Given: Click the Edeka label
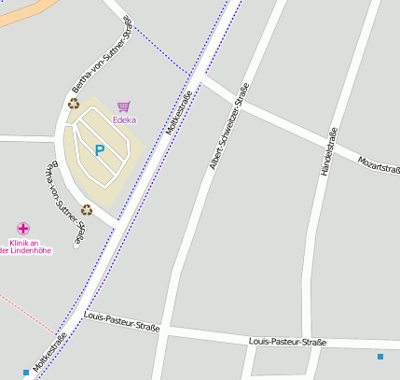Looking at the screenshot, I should click(x=124, y=120).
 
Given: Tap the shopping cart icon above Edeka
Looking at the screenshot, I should click(x=124, y=106).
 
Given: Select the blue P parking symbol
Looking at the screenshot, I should click(x=100, y=149).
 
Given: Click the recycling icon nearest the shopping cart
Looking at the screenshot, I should click(x=74, y=104).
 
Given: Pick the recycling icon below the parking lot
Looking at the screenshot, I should click(x=87, y=210).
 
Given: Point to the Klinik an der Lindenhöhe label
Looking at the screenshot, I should click(x=24, y=246).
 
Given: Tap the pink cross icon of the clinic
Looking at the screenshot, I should click(x=22, y=229).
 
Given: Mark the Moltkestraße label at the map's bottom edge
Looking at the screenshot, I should click(x=50, y=354).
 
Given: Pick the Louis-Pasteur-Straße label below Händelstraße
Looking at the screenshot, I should click(x=288, y=343).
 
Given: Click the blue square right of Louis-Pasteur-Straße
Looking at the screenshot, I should click(x=380, y=357).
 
